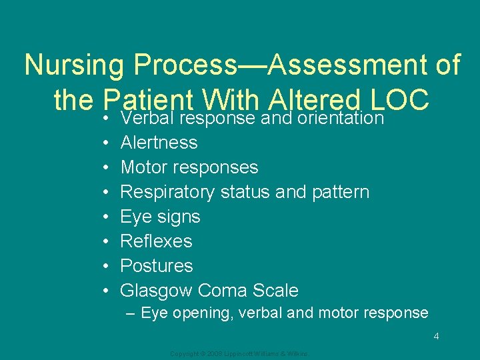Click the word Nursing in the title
coord(74,65)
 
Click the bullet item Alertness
coord(159,143)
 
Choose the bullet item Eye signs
coord(160,217)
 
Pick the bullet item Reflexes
coord(156,241)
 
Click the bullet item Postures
coord(156,266)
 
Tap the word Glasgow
coord(156,291)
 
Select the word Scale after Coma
coord(275,291)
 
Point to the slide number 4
coord(436,336)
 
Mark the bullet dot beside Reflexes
coord(105,241)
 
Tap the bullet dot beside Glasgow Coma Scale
coord(105,291)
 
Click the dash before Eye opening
coord(132,313)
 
